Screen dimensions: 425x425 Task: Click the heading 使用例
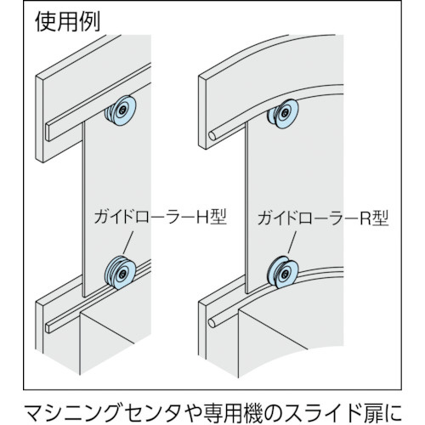point(67,22)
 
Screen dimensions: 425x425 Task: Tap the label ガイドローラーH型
point(161,218)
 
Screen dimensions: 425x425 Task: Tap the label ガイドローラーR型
point(323,218)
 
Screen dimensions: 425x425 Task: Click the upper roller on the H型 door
point(121,110)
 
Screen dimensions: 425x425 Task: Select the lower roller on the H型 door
point(121,273)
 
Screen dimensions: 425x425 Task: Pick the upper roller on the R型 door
point(282,114)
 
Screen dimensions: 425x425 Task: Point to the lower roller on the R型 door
point(282,273)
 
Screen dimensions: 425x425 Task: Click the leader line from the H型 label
point(127,242)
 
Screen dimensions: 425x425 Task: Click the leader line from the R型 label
point(292,241)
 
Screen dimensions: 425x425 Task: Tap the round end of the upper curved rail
point(212,136)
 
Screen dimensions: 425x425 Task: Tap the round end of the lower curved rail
point(212,323)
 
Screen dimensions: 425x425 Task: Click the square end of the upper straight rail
point(48,133)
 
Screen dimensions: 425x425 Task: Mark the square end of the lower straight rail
point(48,328)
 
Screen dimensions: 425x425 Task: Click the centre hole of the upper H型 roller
point(122,110)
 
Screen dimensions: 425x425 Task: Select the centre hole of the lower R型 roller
point(285,274)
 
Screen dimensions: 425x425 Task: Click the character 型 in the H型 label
point(218,218)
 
